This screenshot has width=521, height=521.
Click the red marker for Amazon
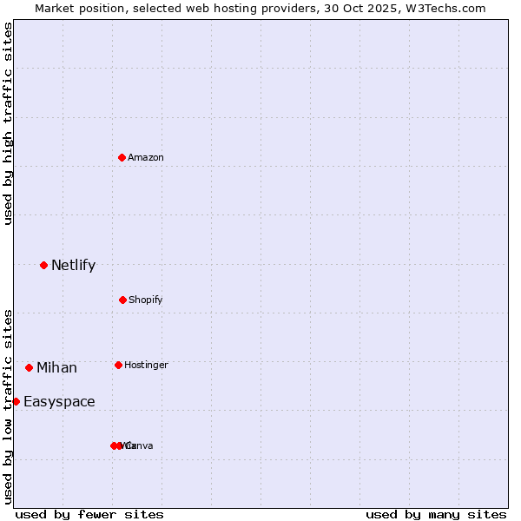[x=122, y=157]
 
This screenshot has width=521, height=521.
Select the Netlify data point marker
[x=43, y=265]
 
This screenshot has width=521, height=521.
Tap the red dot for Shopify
[x=122, y=300]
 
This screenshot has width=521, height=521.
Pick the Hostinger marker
[x=118, y=365]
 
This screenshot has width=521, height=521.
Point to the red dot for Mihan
[x=29, y=367]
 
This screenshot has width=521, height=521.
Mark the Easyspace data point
[x=16, y=401]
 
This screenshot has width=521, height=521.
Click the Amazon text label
[x=146, y=157]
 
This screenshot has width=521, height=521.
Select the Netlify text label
[x=73, y=266]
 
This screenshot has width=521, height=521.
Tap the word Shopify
[x=146, y=300]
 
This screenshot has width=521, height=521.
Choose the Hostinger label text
[x=146, y=365]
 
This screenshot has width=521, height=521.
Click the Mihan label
[x=56, y=368]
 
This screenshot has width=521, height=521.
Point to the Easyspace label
[x=59, y=402]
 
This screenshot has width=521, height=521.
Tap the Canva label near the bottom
[x=141, y=445]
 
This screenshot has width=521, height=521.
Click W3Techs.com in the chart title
[x=445, y=8]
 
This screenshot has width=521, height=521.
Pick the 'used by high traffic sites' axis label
[x=8, y=123]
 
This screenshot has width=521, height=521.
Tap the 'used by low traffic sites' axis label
[x=8, y=406]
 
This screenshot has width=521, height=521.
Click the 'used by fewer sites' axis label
[x=89, y=514]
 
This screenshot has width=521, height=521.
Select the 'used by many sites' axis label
[x=436, y=514]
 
